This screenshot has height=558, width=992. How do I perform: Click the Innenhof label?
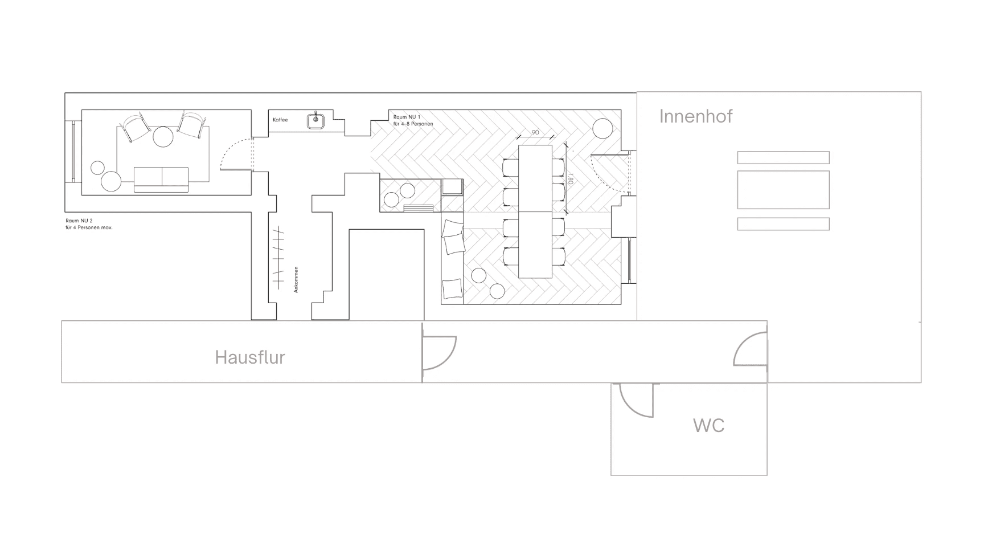[695, 116]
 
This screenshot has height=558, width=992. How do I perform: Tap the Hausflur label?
[250, 357]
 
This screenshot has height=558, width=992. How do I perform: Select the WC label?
[708, 425]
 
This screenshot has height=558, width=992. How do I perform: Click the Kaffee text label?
[280, 120]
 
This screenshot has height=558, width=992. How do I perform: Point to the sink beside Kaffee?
[316, 120]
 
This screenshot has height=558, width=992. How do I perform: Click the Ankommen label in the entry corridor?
[296, 280]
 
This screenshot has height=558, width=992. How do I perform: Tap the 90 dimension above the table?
[535, 132]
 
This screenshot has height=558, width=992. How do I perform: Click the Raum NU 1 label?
[407, 117]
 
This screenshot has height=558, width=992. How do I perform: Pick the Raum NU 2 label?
[79, 221]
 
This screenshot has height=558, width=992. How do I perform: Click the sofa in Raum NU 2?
[161, 180]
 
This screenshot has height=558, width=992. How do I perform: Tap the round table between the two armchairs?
[163, 136]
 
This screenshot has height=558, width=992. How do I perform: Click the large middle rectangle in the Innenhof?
[783, 190]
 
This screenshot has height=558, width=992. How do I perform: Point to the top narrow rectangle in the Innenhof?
[783, 157]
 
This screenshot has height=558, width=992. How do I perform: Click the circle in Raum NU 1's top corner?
[602, 128]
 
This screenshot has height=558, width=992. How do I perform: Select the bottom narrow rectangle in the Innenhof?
[783, 224]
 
